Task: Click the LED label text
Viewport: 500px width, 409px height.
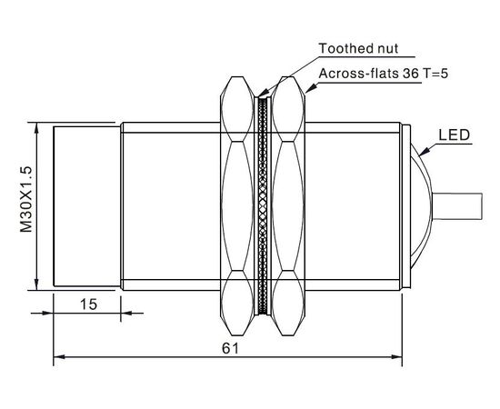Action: [x=454, y=135]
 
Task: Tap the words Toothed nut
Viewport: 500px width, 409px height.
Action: [x=358, y=48]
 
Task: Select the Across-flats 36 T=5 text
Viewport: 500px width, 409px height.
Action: [x=384, y=74]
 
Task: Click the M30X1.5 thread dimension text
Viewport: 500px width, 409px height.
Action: [x=26, y=199]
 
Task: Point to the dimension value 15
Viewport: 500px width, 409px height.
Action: [x=88, y=304]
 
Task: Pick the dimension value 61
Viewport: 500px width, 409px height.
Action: [x=230, y=348]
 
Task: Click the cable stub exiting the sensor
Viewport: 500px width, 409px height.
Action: [x=456, y=206]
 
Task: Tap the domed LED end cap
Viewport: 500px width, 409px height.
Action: [x=421, y=206]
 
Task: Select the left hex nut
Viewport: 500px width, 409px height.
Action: [x=236, y=206]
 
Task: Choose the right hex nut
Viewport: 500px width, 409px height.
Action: [x=288, y=206]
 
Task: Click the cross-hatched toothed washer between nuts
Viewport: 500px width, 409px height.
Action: [x=263, y=206]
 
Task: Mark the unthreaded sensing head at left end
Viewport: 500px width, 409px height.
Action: [x=87, y=206]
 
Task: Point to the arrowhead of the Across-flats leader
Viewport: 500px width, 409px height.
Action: [x=311, y=88]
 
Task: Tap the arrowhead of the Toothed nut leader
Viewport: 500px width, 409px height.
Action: [x=263, y=93]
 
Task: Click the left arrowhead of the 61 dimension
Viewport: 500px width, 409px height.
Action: [x=59, y=356]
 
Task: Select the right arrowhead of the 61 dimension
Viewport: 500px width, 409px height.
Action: [x=396, y=356]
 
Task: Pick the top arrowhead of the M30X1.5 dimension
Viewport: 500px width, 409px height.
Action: [x=36, y=128]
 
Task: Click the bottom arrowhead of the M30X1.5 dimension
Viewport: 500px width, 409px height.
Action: [x=36, y=284]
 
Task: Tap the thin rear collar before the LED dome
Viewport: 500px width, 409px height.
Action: [x=406, y=206]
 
